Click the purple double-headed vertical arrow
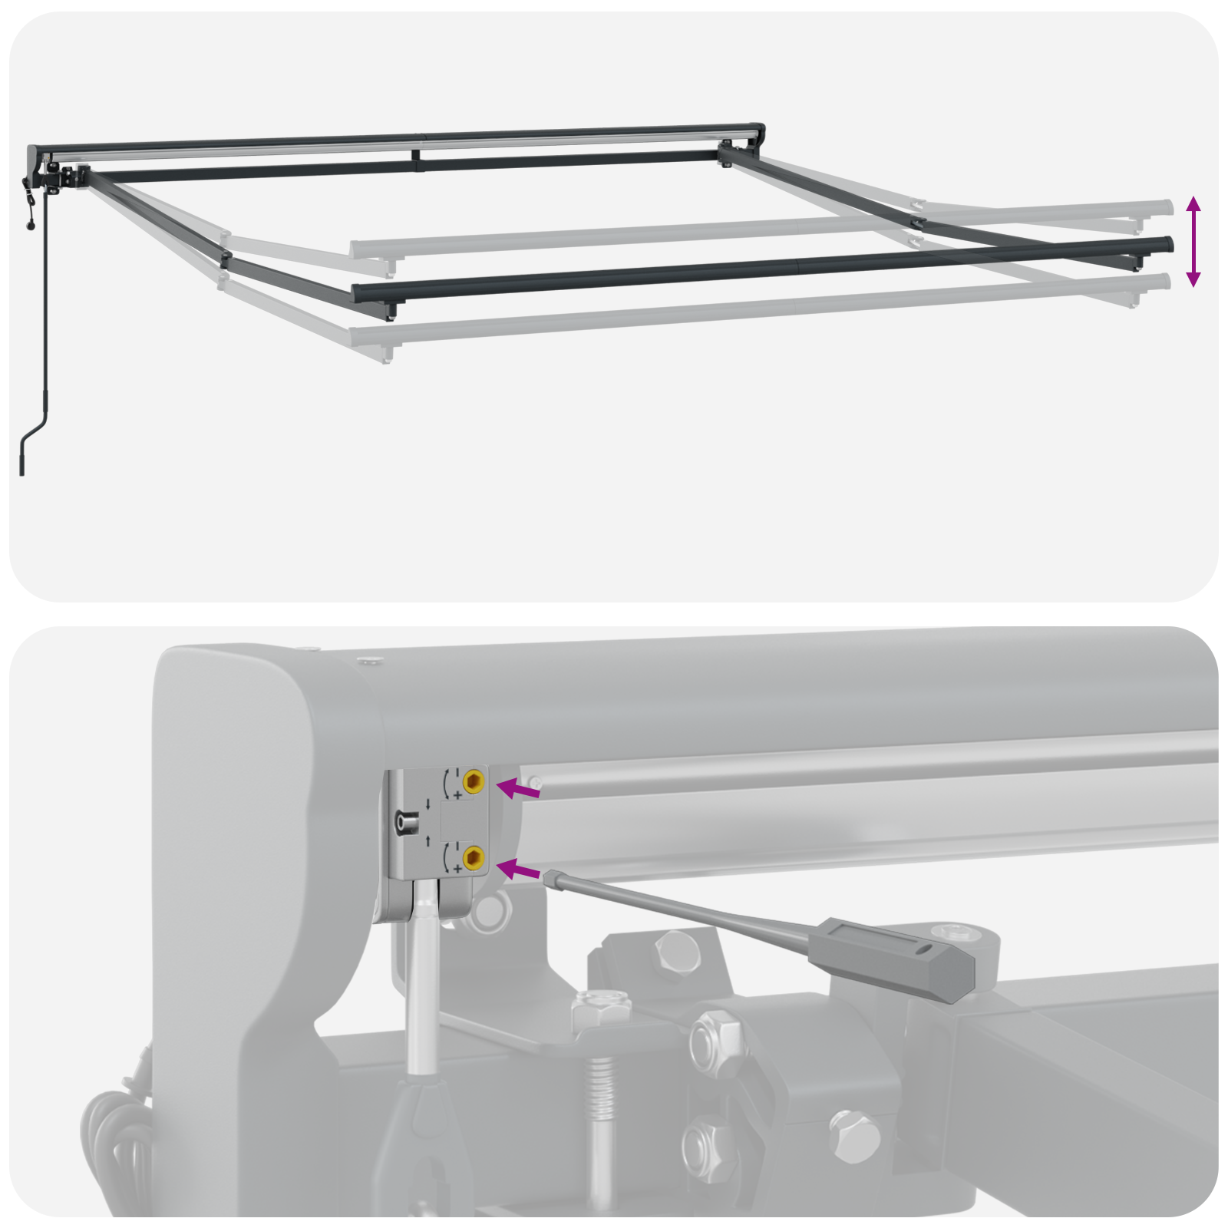click(x=1193, y=241)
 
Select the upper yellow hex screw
click(x=473, y=782)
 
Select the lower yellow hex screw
click(x=473, y=857)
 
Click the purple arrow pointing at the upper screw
click(x=519, y=789)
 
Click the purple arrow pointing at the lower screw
click(x=519, y=870)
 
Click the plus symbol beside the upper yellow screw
click(x=458, y=795)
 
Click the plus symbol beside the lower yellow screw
click(x=458, y=869)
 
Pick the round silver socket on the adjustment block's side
click(x=404, y=823)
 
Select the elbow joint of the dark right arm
click(x=918, y=223)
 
